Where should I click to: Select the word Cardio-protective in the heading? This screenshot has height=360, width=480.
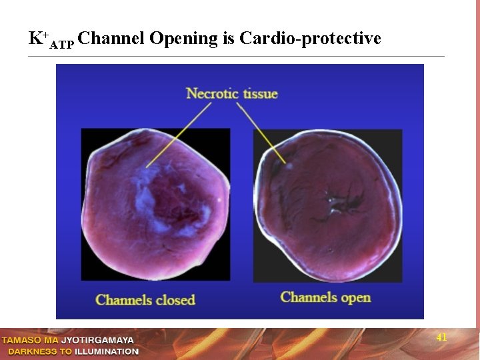pos(310,39)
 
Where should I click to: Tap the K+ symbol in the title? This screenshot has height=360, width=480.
pos(37,38)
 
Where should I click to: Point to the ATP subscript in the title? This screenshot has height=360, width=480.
pos(62,45)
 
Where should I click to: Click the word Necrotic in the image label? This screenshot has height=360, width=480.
pos(212,93)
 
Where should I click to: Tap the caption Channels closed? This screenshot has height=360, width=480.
pos(145,299)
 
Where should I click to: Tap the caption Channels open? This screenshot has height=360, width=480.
pos(325,297)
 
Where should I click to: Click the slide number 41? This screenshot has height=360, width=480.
pos(441,338)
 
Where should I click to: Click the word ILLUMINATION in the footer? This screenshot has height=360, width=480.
pos(107,351)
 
